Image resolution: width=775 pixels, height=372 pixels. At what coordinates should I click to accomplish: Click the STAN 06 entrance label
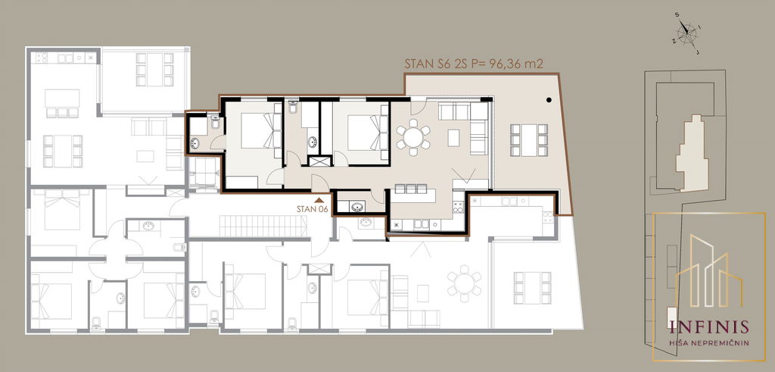pyautogui.click(x=312, y=209)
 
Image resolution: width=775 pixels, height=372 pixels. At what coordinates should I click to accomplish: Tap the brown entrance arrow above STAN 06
pyautogui.click(x=319, y=200)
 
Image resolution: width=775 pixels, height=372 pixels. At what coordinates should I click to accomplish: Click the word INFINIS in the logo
pyautogui.click(x=708, y=327)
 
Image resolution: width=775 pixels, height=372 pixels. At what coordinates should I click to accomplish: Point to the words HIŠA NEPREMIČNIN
pyautogui.click(x=708, y=342)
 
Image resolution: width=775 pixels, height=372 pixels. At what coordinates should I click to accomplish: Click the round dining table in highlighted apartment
pyautogui.click(x=412, y=137)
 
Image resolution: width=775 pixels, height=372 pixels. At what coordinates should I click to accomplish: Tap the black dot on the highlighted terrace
pyautogui.click(x=549, y=101)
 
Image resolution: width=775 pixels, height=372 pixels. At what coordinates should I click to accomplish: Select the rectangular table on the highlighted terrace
pyautogui.click(x=529, y=140)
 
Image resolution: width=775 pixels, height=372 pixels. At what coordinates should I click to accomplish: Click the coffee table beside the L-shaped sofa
pyautogui.click(x=453, y=138)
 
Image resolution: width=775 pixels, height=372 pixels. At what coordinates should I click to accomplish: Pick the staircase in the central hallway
pyautogui.click(x=264, y=226)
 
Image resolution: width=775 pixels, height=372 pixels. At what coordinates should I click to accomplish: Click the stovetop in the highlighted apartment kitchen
pyautogui.click(x=458, y=207)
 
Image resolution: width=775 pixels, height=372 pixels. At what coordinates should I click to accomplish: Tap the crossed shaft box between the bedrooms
pyautogui.click(x=319, y=161)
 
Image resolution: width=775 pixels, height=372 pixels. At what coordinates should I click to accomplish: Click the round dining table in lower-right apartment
pyautogui.click(x=464, y=283)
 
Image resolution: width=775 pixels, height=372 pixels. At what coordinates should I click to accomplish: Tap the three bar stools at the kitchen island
pyautogui.click(x=411, y=189)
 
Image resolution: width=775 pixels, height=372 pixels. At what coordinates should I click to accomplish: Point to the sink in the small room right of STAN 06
pyautogui.click(x=356, y=206)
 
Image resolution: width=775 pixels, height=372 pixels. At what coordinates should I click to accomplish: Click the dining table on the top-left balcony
pyautogui.click(x=154, y=69)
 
